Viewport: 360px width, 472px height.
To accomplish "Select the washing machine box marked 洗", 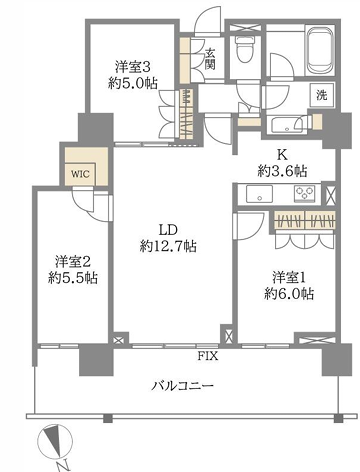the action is tap(322, 95).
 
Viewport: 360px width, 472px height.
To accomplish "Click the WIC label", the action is tap(80, 174).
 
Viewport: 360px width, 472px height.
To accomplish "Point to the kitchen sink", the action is tap(259, 194).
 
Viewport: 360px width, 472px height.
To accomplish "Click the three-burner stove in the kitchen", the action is tap(304, 194).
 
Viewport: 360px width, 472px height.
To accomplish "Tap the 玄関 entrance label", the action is tap(210, 59).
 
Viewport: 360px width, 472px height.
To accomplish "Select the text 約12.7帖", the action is tap(168, 246).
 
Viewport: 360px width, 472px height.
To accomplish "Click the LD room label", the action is tap(167, 230).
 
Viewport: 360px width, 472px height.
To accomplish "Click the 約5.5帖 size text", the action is tap(73, 277).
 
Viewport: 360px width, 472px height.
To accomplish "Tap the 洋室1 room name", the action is tap(289, 277).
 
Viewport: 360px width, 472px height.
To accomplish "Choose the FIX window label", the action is tap(208, 356).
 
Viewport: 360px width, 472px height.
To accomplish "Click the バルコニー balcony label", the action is tap(183, 386).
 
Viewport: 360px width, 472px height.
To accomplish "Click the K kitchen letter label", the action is tap(282, 155).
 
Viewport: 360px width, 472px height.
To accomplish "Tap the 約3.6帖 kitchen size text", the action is tap(282, 171).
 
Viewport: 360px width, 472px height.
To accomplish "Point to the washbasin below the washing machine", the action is tap(287, 125).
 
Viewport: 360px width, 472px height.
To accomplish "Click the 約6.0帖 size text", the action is tap(289, 293).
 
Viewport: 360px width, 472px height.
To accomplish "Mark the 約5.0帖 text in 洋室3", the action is tap(133, 83).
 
